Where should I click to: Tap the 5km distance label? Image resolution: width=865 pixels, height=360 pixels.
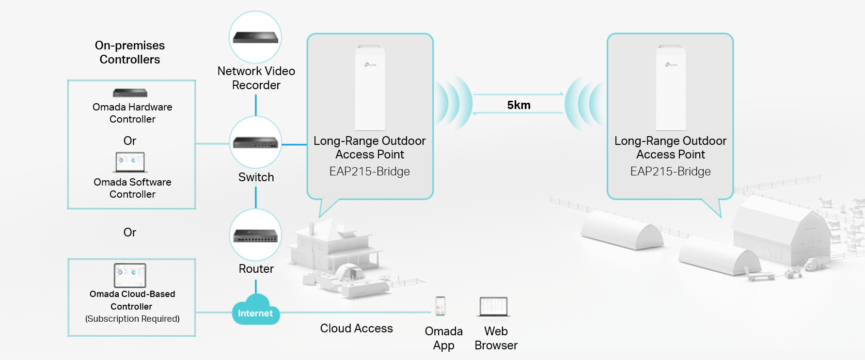tap(519, 105)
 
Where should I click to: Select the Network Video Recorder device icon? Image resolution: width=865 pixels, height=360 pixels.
tap(255, 37)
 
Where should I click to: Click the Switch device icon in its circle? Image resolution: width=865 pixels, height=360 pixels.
tap(255, 142)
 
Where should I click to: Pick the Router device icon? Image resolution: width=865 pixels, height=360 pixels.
tap(255, 235)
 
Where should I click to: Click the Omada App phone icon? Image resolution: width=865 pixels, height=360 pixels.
tap(440, 306)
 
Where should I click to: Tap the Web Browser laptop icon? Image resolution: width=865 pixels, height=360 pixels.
tap(493, 307)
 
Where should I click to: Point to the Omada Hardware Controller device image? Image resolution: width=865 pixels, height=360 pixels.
tap(130, 93)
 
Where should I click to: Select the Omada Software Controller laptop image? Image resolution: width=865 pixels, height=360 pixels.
tap(131, 162)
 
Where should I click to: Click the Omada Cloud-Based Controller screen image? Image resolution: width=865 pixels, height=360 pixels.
tap(130, 275)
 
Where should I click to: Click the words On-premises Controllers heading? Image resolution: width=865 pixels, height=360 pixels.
tap(130, 52)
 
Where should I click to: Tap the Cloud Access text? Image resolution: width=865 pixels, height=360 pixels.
tap(356, 329)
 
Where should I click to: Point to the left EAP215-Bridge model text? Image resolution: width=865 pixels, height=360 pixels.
tap(369, 172)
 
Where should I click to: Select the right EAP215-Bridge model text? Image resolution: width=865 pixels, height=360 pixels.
tap(670, 172)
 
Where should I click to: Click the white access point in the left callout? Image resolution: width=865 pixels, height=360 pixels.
tap(370, 87)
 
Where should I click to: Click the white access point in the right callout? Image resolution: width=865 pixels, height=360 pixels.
tap(671, 87)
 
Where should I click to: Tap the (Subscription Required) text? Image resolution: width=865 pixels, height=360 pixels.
tap(132, 319)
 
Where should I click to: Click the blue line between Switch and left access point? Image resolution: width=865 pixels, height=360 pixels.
tap(294, 144)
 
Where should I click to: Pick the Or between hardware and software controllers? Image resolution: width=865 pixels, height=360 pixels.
tap(130, 141)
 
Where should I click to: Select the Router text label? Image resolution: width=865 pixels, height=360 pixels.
tap(256, 269)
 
